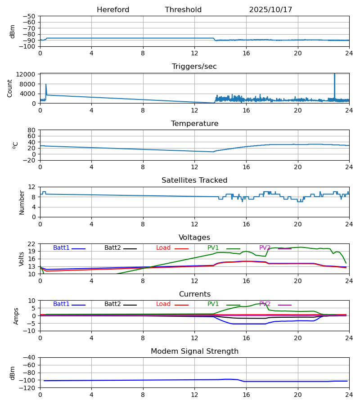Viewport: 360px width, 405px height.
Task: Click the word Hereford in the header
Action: tap(113, 10)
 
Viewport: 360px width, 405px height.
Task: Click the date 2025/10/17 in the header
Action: tap(270, 10)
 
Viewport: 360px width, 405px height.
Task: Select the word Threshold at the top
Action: tap(183, 10)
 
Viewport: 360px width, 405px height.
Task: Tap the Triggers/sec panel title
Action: tap(194, 67)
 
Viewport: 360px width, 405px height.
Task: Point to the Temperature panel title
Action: tap(194, 124)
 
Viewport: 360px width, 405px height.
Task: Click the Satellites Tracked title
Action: tap(194, 180)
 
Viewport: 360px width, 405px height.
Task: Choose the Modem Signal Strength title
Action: tap(194, 351)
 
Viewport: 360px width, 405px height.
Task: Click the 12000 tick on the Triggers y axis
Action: tap(28, 74)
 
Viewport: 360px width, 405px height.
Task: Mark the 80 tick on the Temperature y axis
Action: tap(32, 130)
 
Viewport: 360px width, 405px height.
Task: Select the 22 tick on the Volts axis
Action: tap(32, 244)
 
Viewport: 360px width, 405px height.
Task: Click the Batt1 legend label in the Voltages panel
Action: tap(61, 248)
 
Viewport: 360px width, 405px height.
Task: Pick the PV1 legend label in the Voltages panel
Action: tap(213, 248)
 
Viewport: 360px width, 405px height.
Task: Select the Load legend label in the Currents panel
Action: tap(163, 304)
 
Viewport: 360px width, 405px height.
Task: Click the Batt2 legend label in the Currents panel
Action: tap(112, 304)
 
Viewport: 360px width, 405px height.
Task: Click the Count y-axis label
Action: tap(10, 88)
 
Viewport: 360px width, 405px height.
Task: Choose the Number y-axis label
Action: tap(22, 202)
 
